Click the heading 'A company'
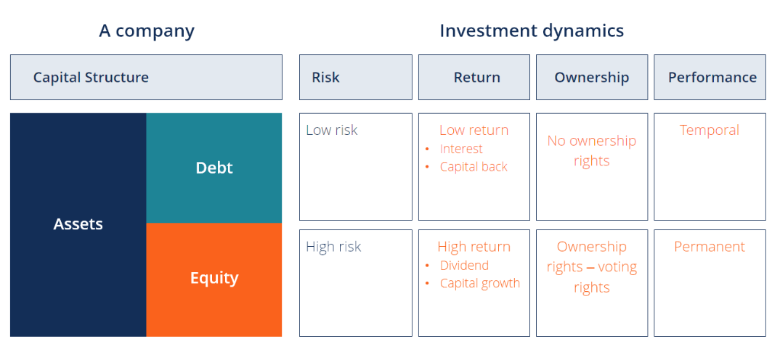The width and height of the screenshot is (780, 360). [147, 31]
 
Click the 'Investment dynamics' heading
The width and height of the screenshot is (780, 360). [532, 30]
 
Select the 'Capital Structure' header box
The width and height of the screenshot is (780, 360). [146, 77]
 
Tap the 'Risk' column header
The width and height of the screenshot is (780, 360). [356, 77]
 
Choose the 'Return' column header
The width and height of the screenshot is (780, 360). [474, 77]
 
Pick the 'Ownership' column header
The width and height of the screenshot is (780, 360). [592, 77]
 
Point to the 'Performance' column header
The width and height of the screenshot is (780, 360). [710, 77]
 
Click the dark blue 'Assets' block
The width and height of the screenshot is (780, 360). [78, 225]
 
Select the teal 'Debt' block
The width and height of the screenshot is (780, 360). [214, 168]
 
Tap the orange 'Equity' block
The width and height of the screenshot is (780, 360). [214, 280]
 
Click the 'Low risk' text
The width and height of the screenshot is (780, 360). [332, 130]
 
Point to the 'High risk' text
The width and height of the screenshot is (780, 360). [334, 247]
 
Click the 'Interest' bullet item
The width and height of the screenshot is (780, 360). [461, 149]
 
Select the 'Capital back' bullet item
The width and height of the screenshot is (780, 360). [474, 167]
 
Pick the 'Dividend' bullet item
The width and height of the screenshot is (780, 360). [464, 266]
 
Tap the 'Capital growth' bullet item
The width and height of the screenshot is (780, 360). [480, 283]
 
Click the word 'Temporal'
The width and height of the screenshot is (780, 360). [710, 130]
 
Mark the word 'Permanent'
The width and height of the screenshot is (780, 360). [710, 247]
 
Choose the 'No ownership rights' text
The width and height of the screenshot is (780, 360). [591, 151]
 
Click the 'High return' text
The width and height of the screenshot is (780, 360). [474, 247]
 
